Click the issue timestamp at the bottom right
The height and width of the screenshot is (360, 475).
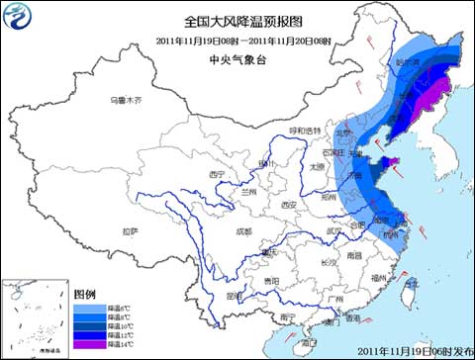pos(416,351)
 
